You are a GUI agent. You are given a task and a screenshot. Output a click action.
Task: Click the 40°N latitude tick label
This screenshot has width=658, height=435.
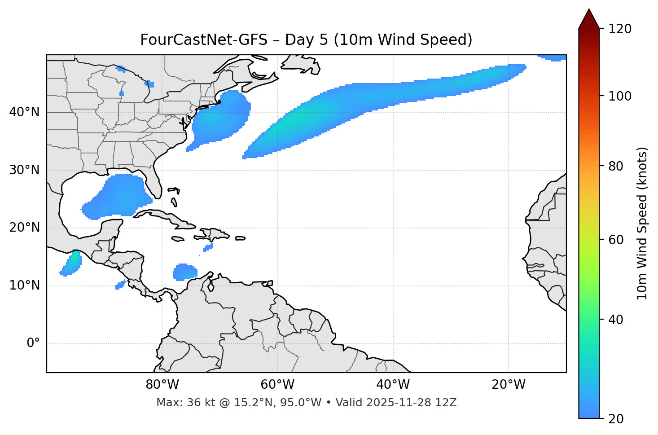24,112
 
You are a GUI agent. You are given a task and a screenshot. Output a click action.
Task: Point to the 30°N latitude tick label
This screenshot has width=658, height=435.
24,170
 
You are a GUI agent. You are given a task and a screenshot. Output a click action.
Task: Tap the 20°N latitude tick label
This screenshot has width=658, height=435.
24,228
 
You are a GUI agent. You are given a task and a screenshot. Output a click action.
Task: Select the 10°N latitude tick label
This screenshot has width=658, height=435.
24,286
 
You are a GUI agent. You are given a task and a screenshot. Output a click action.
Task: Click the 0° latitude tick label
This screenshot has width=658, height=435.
33,343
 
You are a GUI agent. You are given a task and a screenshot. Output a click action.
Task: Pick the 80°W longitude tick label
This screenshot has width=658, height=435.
162,385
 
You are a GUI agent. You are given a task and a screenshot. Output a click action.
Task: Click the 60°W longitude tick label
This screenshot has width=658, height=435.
277,385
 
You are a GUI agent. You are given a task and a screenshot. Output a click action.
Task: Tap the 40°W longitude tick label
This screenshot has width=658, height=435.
393,385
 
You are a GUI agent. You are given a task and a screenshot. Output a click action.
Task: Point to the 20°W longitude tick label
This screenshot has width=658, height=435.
509,385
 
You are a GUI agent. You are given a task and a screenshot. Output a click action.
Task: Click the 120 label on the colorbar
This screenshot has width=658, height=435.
619,29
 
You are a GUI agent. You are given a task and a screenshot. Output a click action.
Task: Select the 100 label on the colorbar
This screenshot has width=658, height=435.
619,96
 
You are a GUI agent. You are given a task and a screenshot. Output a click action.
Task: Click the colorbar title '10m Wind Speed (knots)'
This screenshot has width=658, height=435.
643,223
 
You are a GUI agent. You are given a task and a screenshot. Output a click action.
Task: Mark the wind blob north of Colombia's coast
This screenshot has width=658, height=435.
184,272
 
